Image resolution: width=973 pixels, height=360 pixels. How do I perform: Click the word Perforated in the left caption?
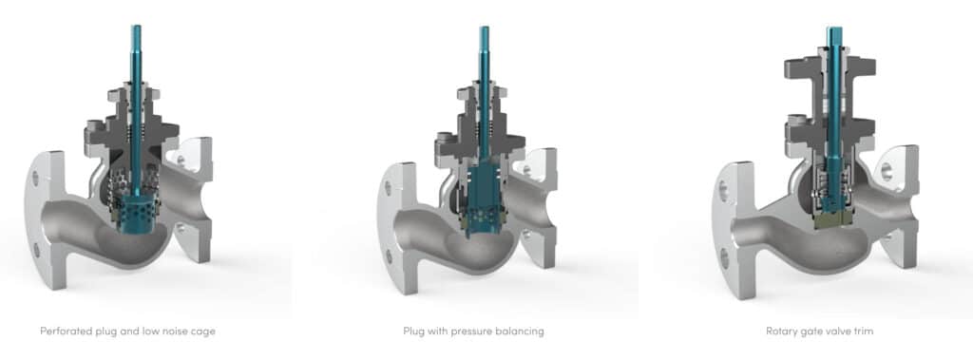[x=64, y=332]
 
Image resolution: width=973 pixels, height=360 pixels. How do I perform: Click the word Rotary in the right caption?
[x=782, y=332]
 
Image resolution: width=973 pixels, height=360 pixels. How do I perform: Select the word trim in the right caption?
[x=863, y=332]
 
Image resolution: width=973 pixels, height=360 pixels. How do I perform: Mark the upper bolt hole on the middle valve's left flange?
[x=391, y=181]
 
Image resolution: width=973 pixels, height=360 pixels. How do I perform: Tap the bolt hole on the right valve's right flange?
[x=887, y=172]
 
